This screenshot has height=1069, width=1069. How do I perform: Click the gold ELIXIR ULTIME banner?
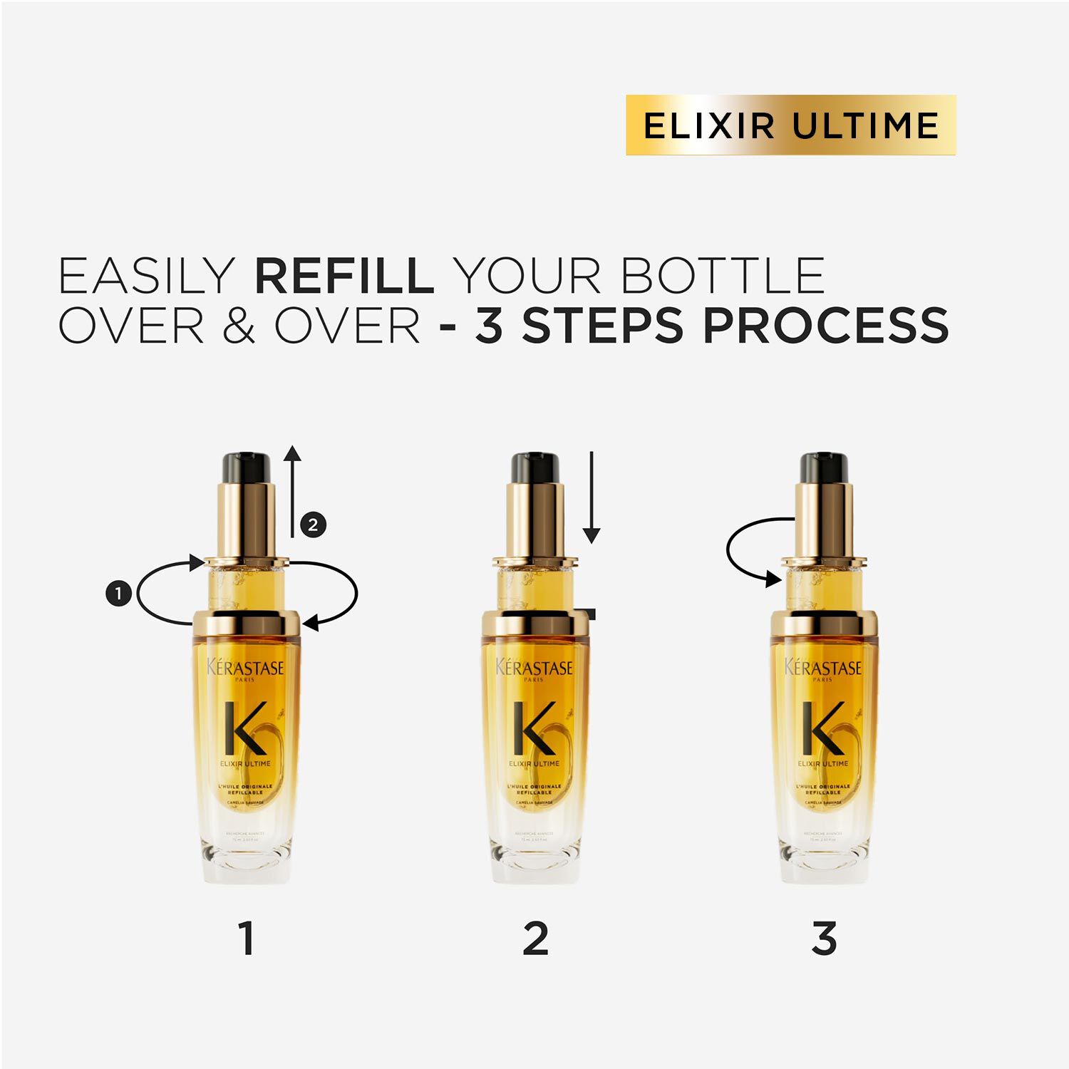coord(790,125)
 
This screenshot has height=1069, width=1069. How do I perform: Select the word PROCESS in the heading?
coord(825,326)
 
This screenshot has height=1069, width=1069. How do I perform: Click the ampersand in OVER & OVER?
coord(239,326)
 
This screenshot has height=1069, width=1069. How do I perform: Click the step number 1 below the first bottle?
coord(247,939)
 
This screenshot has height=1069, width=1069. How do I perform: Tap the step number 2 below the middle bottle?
coord(535,939)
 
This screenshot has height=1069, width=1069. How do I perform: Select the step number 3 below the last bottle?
coord(824,939)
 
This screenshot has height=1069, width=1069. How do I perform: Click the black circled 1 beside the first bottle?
coord(118,593)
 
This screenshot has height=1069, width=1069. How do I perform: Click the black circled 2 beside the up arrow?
coord(313,525)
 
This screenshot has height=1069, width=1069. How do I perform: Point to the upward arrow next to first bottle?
coord(292,492)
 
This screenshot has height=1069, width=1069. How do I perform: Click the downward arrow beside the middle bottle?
coord(592,499)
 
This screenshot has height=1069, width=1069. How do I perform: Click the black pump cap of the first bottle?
coord(246,468)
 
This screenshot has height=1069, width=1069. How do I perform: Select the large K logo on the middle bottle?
coord(534,728)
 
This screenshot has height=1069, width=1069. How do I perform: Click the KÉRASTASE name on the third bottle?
coord(823,668)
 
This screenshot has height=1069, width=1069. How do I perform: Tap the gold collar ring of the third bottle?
coord(824,624)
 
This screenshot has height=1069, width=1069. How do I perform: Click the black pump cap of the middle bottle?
coord(535,468)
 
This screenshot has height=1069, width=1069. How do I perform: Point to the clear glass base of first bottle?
coord(246,859)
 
